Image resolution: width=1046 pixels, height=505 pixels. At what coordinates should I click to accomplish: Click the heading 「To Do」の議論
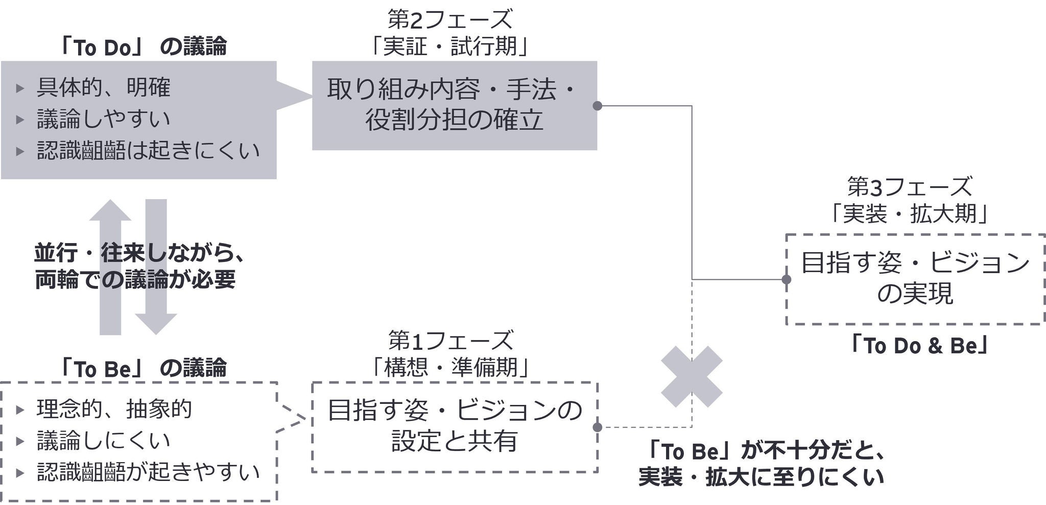coord(142,47)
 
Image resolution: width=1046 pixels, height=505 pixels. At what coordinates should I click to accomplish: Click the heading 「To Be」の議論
coord(142,368)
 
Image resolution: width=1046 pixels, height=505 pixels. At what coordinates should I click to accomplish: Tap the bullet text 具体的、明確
coord(103,88)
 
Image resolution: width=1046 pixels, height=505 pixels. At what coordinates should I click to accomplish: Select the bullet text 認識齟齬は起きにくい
coord(148,151)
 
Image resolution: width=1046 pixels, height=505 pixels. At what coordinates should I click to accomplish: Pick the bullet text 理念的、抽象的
coord(114,409)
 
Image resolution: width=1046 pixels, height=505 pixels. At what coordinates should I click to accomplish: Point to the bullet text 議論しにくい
coord(103,441)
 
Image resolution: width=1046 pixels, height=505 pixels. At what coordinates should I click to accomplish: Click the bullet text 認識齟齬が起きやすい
coord(148,472)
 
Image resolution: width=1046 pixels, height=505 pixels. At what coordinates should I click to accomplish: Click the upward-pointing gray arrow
coord(110,266)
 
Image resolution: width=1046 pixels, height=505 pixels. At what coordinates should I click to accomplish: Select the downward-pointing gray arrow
coord(156,266)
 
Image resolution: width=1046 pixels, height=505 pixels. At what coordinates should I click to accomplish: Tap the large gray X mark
coord(692,376)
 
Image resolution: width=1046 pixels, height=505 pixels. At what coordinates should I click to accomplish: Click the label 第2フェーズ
coord(449,20)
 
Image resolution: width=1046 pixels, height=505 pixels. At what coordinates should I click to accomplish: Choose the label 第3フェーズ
coord(910,187)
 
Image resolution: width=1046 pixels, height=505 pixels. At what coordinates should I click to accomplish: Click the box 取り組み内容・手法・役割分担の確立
coord(454,105)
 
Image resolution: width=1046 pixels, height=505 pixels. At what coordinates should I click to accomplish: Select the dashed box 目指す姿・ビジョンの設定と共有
coord(454,426)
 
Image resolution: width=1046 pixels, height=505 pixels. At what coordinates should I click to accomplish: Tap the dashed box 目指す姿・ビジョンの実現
coord(915,279)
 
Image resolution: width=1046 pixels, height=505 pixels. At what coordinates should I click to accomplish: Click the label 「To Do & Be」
coord(917,346)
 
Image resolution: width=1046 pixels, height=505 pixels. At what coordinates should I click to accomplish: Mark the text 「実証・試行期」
coord(449,47)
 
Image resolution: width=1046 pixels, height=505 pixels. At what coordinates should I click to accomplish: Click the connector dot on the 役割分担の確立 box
coord(597,106)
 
